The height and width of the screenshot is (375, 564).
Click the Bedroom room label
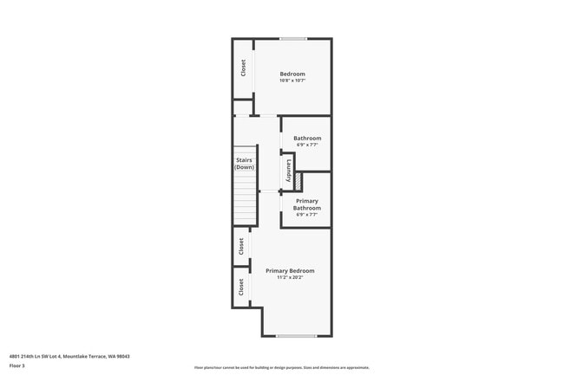292,74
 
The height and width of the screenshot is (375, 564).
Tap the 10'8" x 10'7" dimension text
292,81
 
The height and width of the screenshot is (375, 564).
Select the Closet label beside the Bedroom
244,68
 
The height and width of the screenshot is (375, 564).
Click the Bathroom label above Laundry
307,139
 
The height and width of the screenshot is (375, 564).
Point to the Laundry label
288,170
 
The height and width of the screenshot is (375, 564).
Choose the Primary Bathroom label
307,204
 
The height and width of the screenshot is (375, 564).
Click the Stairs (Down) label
245,164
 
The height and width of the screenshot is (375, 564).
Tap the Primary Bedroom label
290,271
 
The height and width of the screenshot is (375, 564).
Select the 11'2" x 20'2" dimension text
290,278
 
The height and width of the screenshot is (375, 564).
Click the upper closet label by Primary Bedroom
242,247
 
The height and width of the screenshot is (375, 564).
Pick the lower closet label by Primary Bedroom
242,287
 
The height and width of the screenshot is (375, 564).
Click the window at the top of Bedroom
292,39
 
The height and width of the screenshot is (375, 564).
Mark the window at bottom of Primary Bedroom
296,335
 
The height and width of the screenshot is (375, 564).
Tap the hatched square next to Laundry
298,181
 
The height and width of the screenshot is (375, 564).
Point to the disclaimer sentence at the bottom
281,368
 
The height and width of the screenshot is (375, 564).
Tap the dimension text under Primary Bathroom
307,215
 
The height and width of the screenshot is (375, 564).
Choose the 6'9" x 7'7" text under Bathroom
307,145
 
